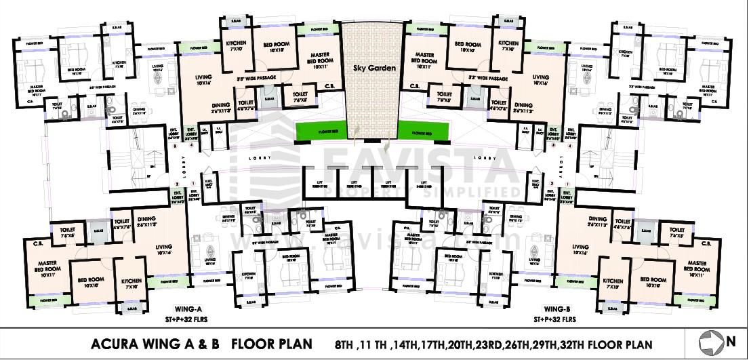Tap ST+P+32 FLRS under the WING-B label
point(554,319)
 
